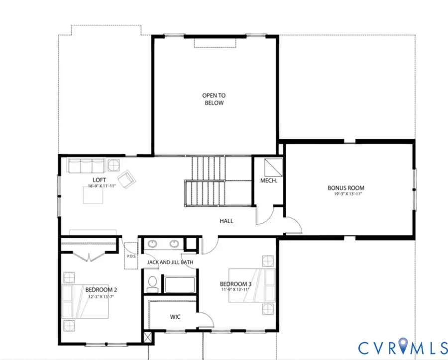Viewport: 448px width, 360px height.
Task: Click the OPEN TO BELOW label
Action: tap(214, 99)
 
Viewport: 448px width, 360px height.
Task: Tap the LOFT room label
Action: tap(99, 180)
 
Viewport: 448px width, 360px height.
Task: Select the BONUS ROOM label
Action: tap(346, 188)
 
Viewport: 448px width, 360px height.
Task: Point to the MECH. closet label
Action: tap(269, 180)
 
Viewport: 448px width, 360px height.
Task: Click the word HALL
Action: tap(226, 221)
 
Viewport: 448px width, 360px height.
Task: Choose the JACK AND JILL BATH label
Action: tap(170, 262)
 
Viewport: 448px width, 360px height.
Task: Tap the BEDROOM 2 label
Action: tap(101, 290)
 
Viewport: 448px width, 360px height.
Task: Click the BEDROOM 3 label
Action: tap(236, 284)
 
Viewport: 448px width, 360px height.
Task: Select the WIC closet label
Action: tap(175, 317)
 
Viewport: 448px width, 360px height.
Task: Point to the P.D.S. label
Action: tap(131, 256)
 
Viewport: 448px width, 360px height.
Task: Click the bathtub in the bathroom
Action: tap(180, 284)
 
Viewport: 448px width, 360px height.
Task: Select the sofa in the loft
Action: tap(86, 165)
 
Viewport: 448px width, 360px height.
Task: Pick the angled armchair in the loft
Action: tap(127, 179)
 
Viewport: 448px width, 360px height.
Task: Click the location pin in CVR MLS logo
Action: tap(403, 346)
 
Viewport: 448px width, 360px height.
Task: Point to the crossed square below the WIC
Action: tap(148, 337)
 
